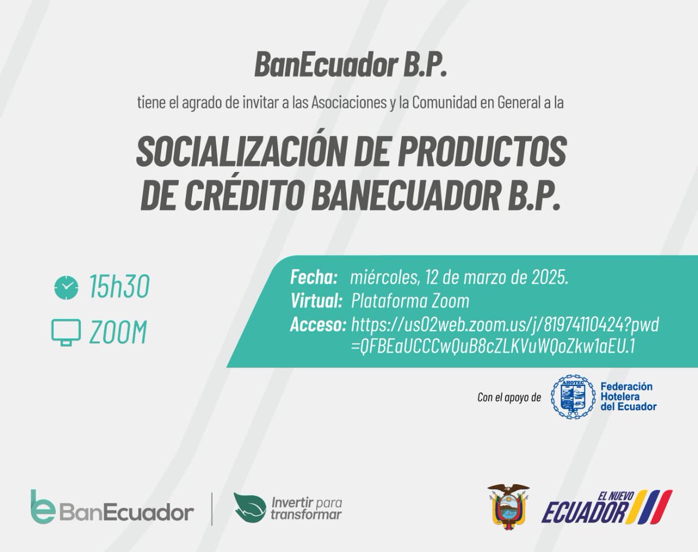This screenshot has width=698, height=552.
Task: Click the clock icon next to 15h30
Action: [66, 287]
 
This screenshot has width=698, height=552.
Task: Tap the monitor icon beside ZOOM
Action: [66, 332]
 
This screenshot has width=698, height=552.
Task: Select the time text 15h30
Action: [119, 287]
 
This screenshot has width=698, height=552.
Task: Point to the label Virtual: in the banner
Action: [316, 301]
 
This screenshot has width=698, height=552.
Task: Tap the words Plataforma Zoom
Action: [410, 301]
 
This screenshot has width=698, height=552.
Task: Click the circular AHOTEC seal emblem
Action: [573, 397]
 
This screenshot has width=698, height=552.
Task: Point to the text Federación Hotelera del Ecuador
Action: [628, 397]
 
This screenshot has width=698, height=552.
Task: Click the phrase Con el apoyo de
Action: [509, 398]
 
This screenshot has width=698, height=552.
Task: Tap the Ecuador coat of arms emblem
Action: [508, 505]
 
